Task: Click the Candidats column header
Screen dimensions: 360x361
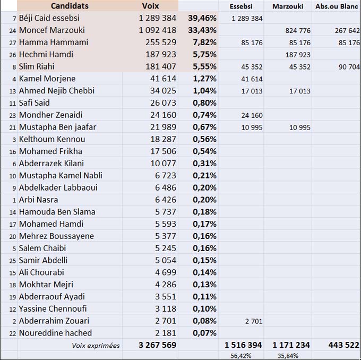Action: click(70, 6)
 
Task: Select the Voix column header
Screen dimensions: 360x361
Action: click(151, 6)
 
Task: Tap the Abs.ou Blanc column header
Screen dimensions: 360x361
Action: click(337, 6)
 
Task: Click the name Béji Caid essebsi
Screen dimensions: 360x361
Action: click(49, 18)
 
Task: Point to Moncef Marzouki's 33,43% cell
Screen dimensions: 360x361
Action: click(202, 30)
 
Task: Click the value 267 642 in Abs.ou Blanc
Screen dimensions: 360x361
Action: click(347, 31)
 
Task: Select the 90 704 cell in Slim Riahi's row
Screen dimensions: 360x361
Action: click(348, 67)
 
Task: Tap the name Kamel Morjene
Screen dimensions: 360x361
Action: click(47, 79)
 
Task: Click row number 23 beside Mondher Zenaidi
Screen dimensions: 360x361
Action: click(12, 115)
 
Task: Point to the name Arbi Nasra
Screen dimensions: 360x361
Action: click(38, 200)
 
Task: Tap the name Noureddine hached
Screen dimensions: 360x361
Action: click(55, 333)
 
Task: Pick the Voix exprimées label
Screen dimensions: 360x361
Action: click(96, 346)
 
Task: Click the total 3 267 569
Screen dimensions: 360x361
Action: click(157, 345)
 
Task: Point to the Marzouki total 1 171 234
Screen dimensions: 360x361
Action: click(287, 345)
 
